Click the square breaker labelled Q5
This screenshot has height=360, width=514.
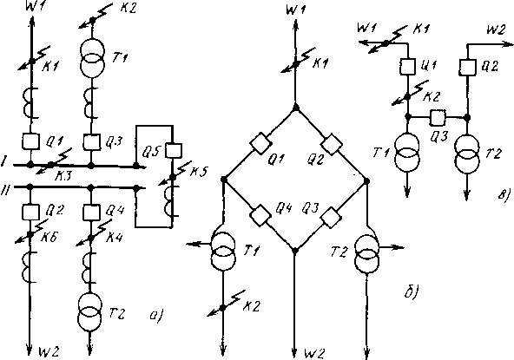pyautogui.click(x=173, y=150)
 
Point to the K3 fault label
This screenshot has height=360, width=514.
pyautogui.click(x=63, y=177)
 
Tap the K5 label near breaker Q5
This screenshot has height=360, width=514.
pyautogui.click(x=198, y=171)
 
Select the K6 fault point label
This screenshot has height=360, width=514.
pyautogui.click(x=49, y=237)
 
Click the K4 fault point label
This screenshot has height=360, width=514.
pyautogui.click(x=114, y=237)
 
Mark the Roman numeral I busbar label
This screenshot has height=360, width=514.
pyautogui.click(x=3, y=162)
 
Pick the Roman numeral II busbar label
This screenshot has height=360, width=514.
pyautogui.click(x=5, y=189)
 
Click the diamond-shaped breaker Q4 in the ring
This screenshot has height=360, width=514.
pyautogui.click(x=260, y=215)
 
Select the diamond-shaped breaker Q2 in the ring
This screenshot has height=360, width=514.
pyautogui.click(x=332, y=144)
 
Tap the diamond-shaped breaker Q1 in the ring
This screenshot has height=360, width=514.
pyautogui.click(x=260, y=143)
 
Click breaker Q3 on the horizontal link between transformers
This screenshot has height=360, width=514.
pyautogui.click(x=438, y=117)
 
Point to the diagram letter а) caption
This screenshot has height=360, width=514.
pyautogui.click(x=156, y=316)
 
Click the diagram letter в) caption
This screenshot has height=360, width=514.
pyautogui.click(x=504, y=195)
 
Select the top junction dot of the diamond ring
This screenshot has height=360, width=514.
pyautogui.click(x=296, y=107)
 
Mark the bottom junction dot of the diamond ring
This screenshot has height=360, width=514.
pyautogui.click(x=294, y=251)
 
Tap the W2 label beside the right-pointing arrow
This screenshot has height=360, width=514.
pyautogui.click(x=496, y=30)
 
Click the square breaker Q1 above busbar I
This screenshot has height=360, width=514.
pyautogui.click(x=30, y=141)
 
